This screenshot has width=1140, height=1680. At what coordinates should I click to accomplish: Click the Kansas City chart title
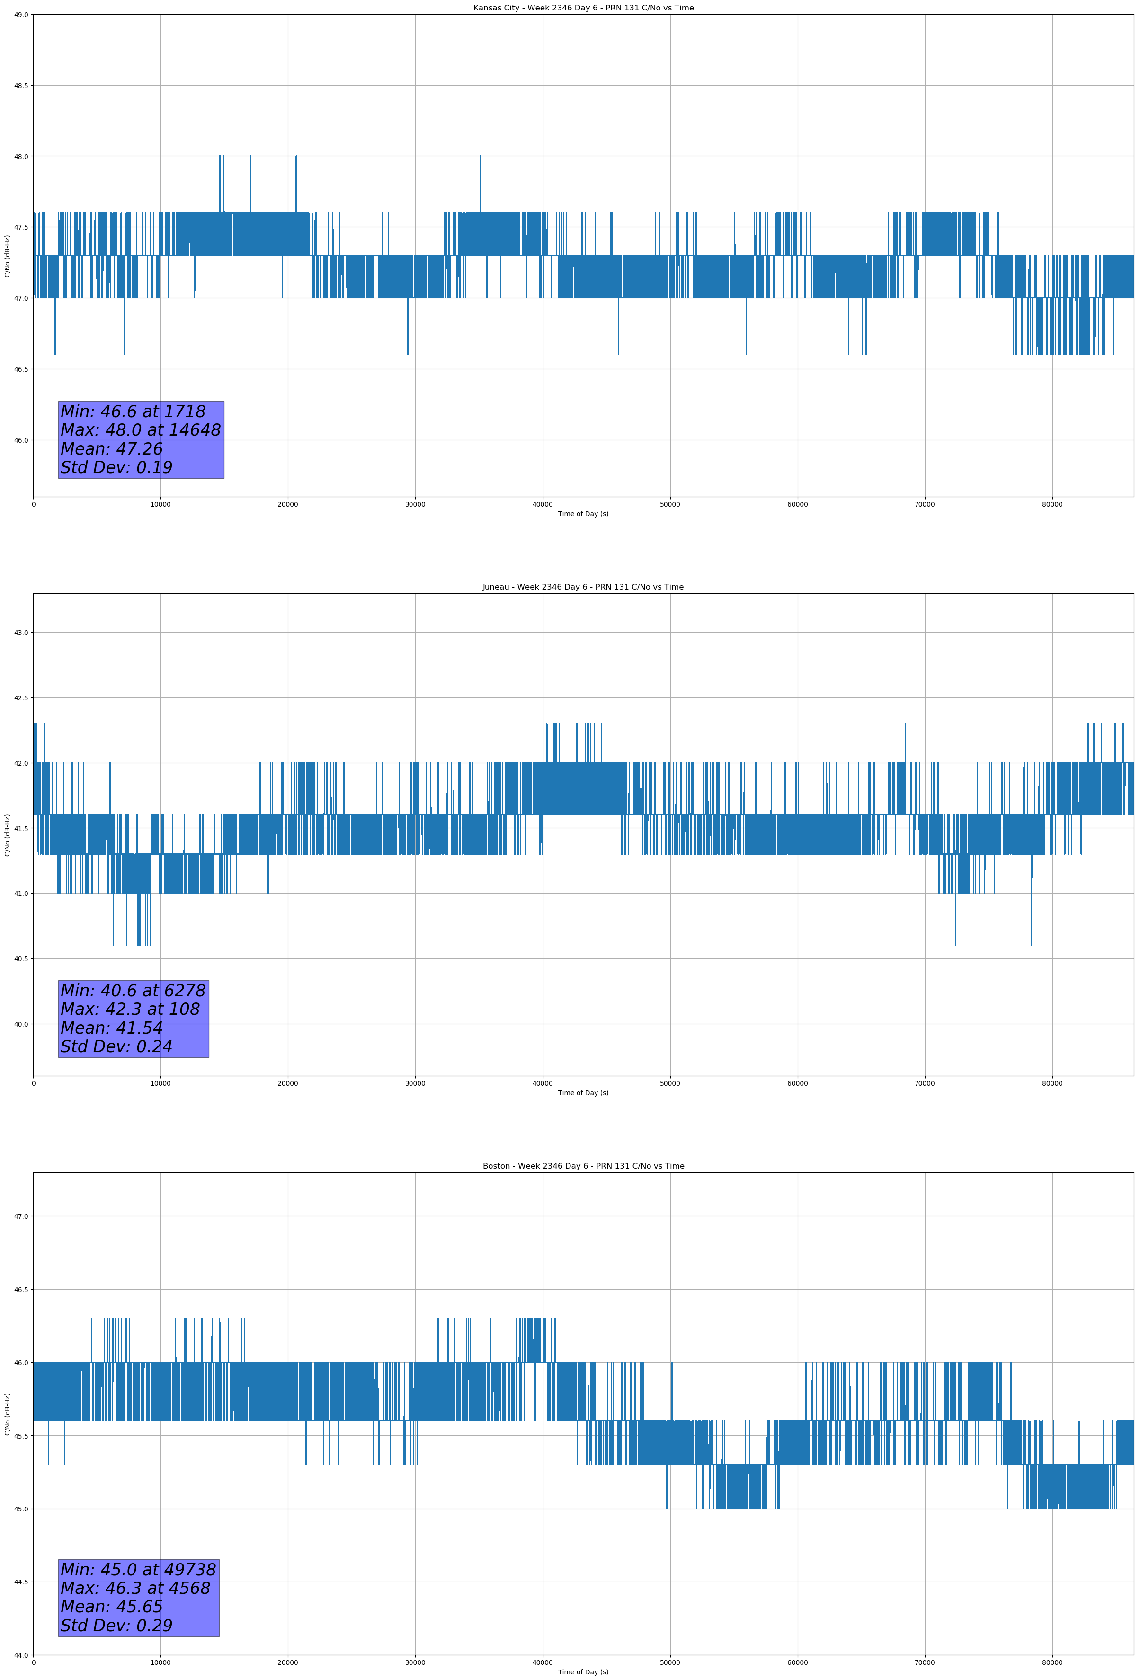coord(583,8)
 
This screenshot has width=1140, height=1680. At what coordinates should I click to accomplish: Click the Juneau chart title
coord(583,587)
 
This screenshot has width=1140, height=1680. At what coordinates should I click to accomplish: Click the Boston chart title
coord(583,1166)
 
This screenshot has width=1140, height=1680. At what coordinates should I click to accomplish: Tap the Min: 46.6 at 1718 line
coord(133,411)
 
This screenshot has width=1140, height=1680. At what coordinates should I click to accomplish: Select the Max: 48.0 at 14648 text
coord(140,430)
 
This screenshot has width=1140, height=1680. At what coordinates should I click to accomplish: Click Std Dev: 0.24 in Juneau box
coord(116,1047)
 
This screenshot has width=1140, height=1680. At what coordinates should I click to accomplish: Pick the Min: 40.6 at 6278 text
coord(133,991)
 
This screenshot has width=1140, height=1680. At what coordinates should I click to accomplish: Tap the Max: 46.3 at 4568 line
coord(135,1588)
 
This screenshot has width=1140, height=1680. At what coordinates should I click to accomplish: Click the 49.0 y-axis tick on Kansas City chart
coord(21,15)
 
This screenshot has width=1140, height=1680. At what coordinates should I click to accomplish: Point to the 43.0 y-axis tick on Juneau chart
coord(21,633)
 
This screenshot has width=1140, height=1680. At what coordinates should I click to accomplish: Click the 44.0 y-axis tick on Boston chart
coord(21,1655)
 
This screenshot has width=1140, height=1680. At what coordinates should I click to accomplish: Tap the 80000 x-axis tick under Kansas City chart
coord(1052,505)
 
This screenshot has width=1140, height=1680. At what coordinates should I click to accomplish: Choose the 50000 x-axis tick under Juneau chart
coord(669,1083)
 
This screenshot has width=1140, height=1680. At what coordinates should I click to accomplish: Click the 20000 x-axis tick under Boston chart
coord(288,1662)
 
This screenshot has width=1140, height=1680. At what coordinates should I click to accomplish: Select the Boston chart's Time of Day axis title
coord(583,1672)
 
